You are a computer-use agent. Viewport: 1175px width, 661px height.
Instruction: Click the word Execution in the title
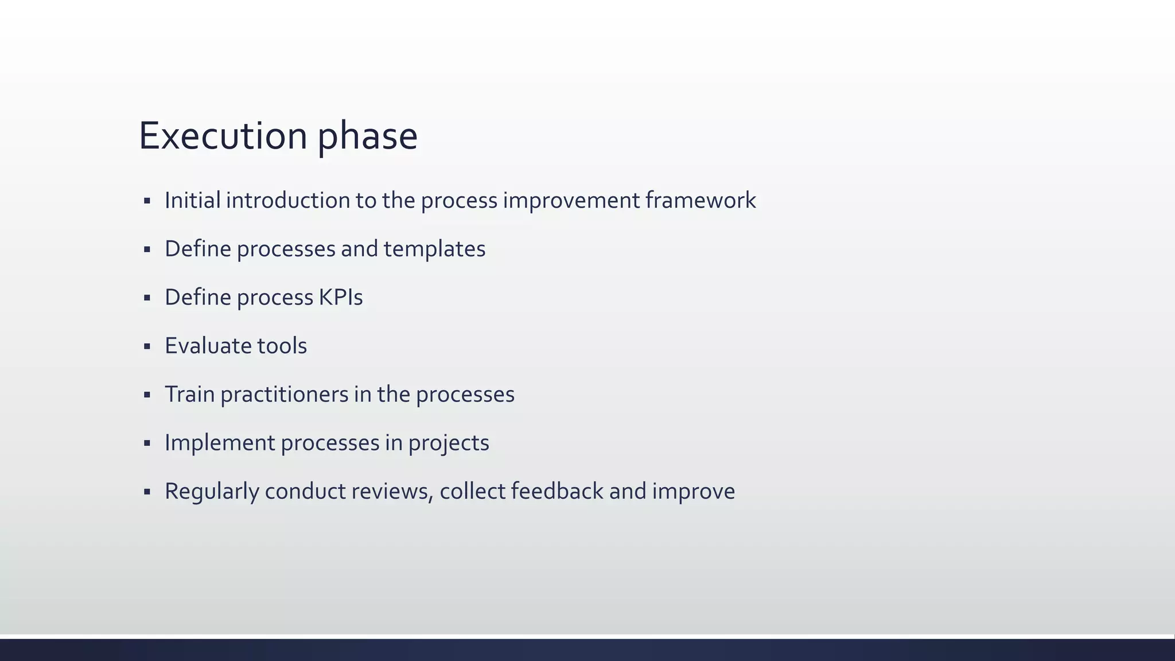coord(223,136)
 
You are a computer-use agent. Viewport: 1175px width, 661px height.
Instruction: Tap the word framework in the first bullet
coord(700,200)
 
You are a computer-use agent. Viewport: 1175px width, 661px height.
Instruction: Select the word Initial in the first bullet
coord(192,200)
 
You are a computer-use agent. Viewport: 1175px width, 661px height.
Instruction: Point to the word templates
coord(434,248)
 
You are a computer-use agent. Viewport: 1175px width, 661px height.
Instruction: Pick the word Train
coord(189,394)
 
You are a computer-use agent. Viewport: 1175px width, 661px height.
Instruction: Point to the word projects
coord(449,442)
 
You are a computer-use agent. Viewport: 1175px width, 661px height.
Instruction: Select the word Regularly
coord(212,491)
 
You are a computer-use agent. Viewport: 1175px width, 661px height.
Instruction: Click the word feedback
coord(557,491)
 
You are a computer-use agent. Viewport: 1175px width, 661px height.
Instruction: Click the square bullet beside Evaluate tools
coord(147,347)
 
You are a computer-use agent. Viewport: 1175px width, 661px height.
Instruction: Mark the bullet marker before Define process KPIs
coord(147,298)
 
